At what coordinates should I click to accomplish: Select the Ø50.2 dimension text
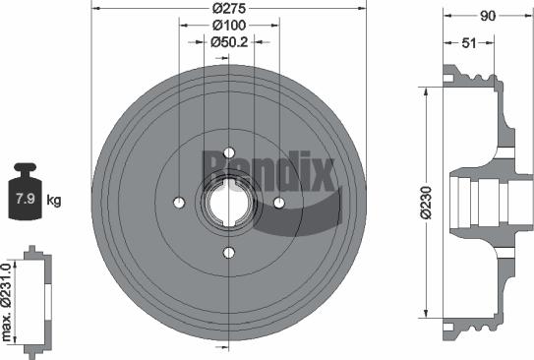coord(228,42)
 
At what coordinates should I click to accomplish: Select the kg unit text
coord(54,201)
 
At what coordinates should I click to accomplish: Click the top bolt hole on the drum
coord(229,152)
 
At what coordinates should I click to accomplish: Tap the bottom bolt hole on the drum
coord(229,253)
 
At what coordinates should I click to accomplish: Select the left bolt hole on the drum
coord(179,203)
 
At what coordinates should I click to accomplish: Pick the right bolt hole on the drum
coord(279,203)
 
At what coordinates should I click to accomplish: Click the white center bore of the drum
coord(229,203)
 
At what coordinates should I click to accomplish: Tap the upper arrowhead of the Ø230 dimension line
coord(425,90)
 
